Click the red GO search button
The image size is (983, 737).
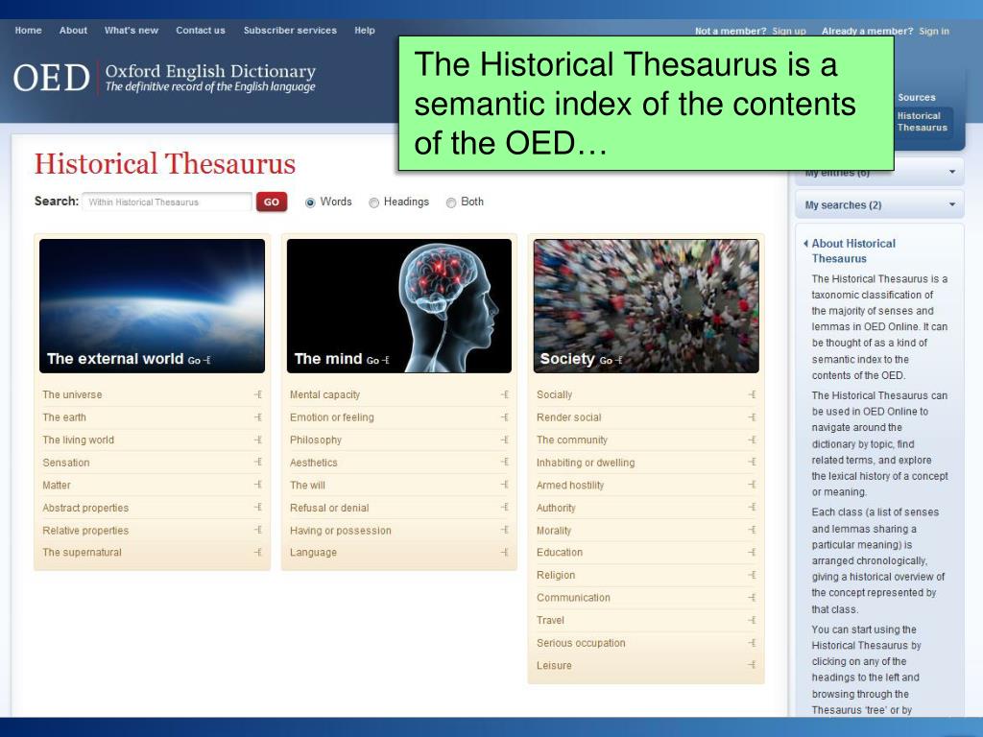point(272,202)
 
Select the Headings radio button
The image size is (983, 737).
point(374,202)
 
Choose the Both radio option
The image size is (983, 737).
point(451,202)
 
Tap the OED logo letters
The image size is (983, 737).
point(52,78)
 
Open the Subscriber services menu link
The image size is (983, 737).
point(290,31)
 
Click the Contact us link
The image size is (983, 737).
point(201,31)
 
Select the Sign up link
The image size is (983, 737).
point(789,32)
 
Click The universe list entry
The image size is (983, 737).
point(72,394)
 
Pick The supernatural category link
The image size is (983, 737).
point(82,553)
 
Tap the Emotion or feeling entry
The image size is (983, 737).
point(332,417)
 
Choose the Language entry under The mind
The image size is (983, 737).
point(314,553)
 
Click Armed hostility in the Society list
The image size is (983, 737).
point(571,486)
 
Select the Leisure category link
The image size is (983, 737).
point(554,666)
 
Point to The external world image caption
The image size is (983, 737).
point(115,359)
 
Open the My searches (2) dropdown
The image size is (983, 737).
point(878,205)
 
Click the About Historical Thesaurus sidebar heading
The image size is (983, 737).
point(853,250)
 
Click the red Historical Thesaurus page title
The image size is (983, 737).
point(165,164)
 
